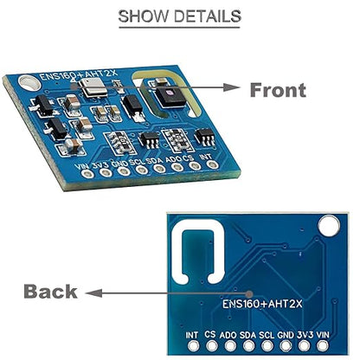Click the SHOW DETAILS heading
(x=179, y=16)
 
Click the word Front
(x=278, y=90)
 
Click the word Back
(x=50, y=292)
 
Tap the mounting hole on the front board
(x=29, y=82)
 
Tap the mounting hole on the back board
(x=329, y=224)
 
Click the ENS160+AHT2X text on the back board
(x=262, y=304)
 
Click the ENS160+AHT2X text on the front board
(x=78, y=74)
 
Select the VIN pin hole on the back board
(x=323, y=345)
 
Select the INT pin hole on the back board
(x=193, y=345)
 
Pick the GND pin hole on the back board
(x=286, y=345)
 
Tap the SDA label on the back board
(x=247, y=335)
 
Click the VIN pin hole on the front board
(x=87, y=174)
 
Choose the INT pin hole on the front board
(x=213, y=164)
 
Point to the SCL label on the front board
(x=137, y=162)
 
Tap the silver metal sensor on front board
(x=93, y=87)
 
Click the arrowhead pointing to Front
(x=232, y=87)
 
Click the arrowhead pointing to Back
(x=93, y=293)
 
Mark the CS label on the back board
(x=210, y=334)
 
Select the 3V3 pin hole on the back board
(x=304, y=345)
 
